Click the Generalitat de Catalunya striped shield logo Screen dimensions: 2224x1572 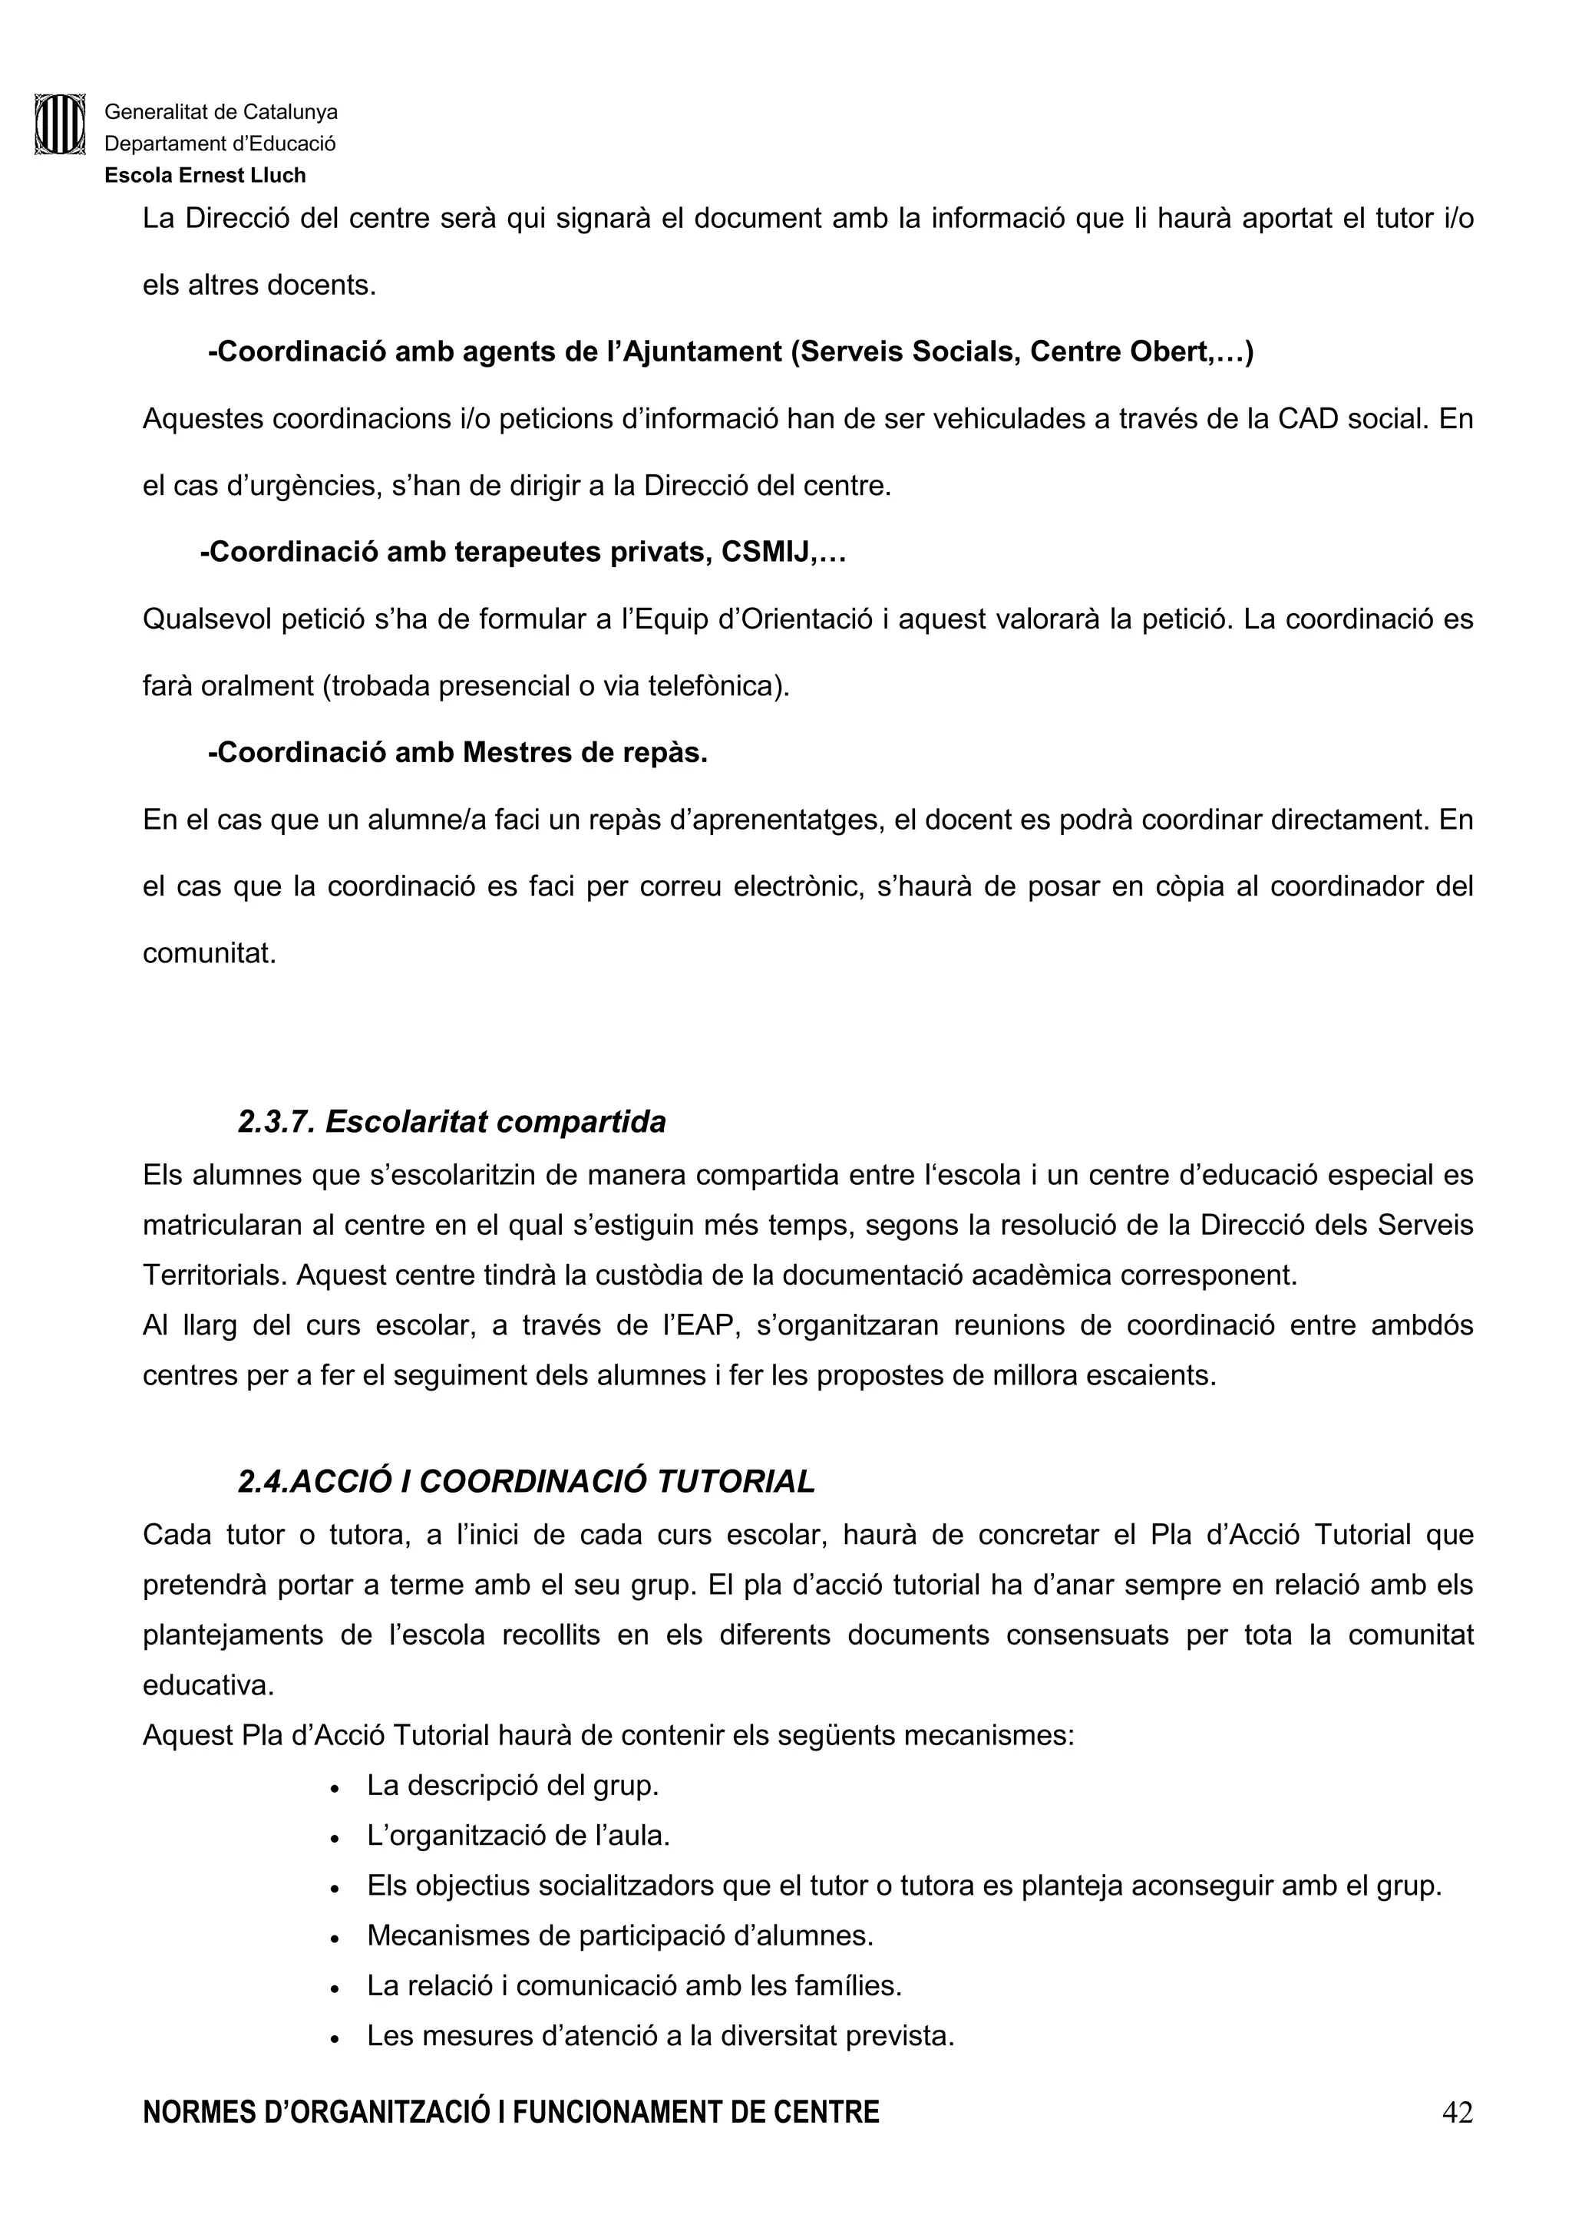click(60, 124)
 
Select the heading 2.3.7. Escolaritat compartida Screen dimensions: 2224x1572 click(451, 1122)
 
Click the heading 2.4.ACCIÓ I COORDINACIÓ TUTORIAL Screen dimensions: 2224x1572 click(526, 1481)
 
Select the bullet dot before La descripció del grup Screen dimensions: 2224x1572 click(334, 1788)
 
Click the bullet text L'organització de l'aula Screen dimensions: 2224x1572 click(518, 1836)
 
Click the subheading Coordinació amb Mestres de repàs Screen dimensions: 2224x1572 click(458, 753)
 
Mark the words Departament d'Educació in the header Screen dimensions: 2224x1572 click(220, 144)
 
